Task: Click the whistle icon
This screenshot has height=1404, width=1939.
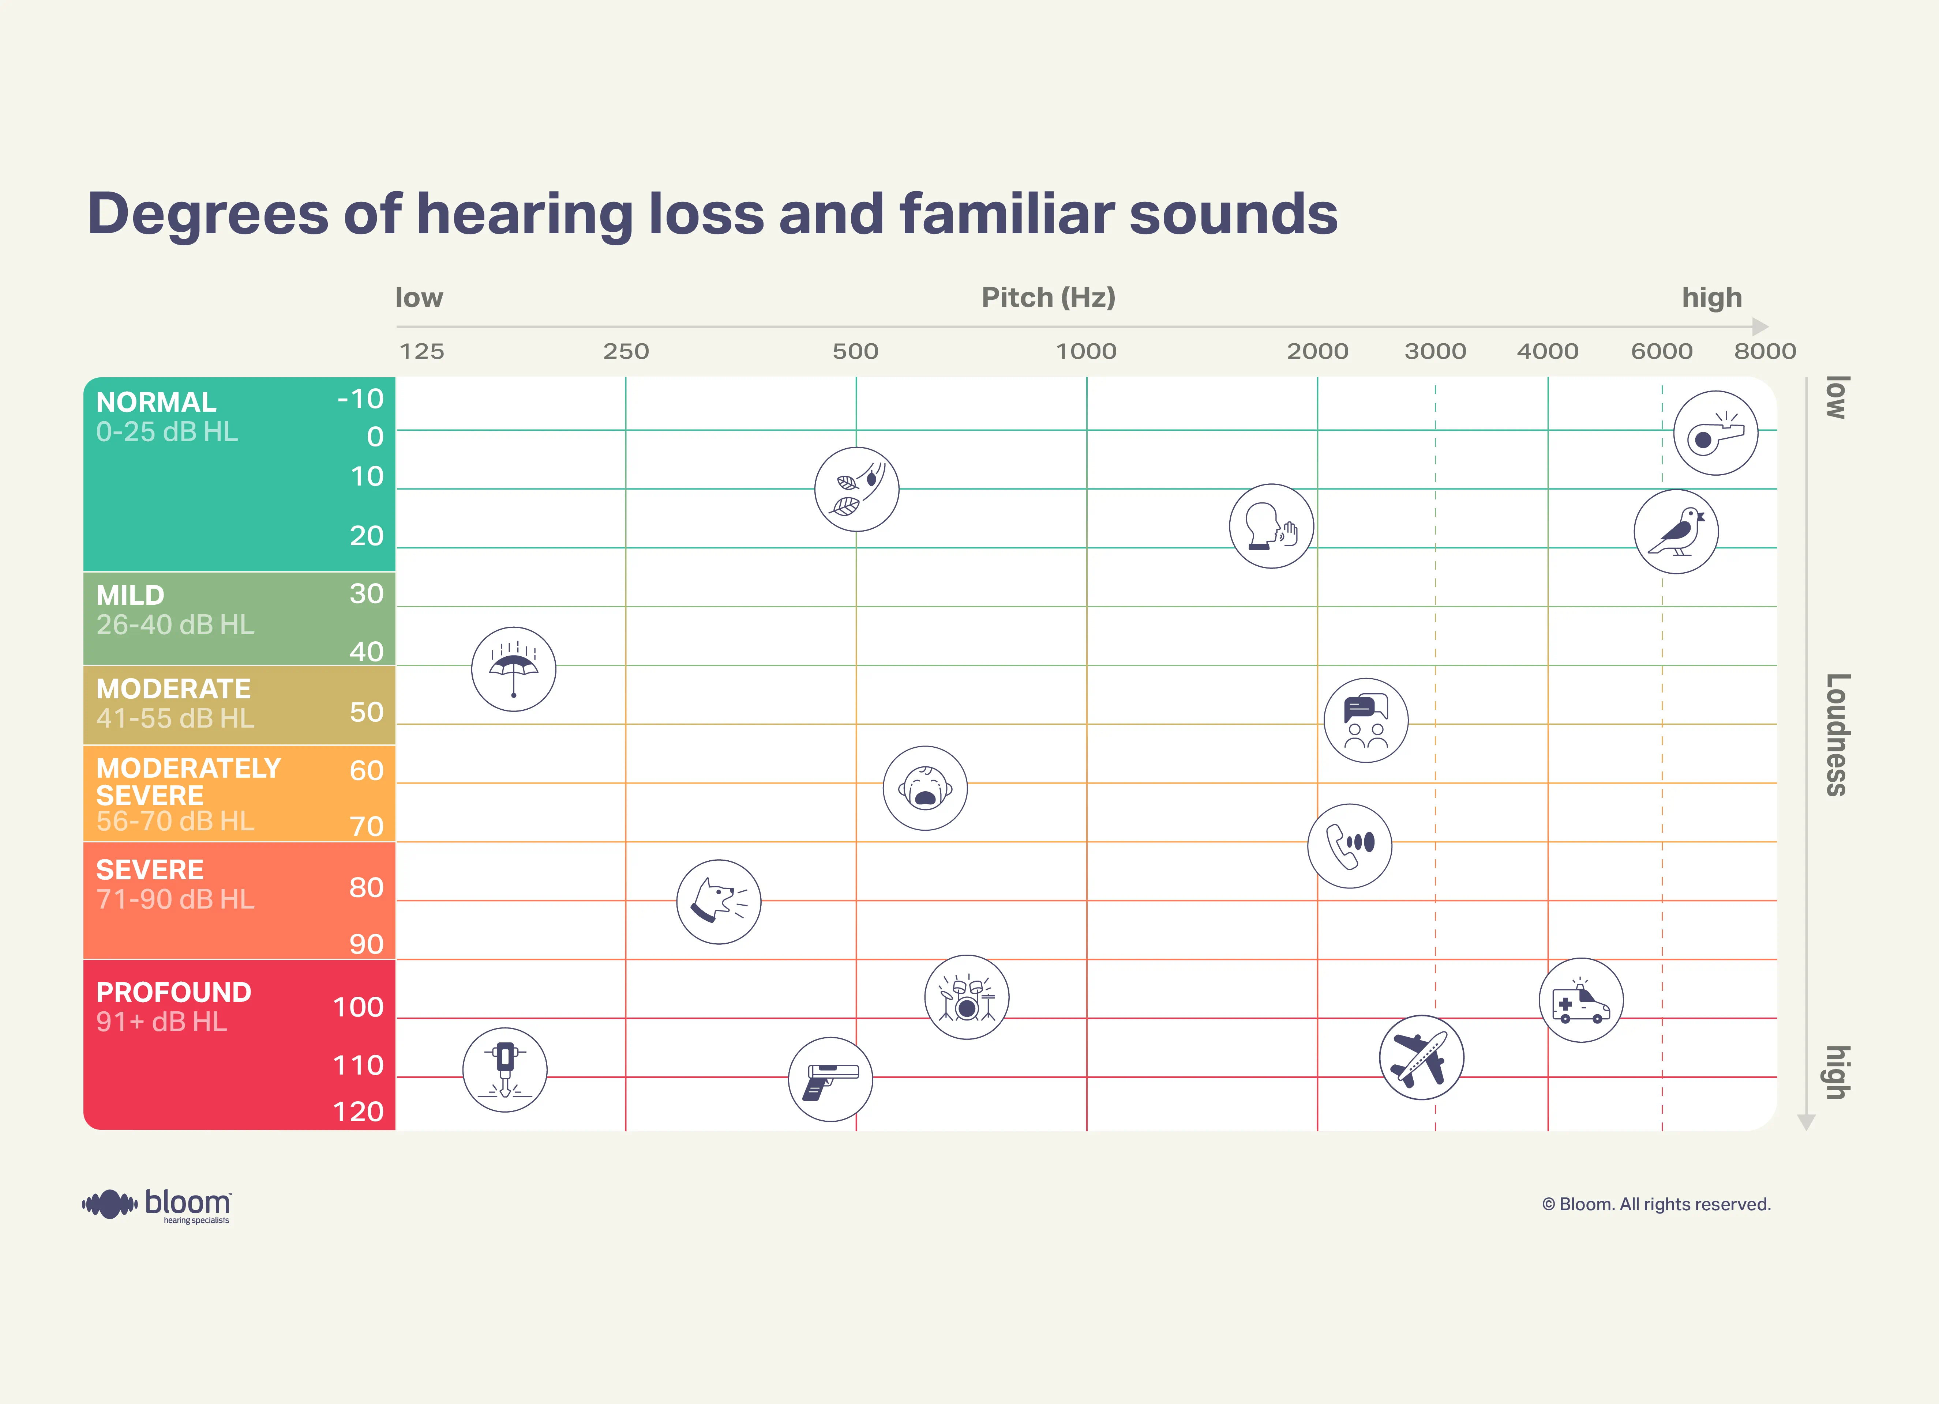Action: pyautogui.click(x=1715, y=433)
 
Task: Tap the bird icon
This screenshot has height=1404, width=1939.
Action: pyautogui.click(x=1676, y=532)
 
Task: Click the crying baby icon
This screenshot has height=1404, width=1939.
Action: pyautogui.click(x=925, y=788)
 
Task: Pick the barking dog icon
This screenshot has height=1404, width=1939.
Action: pyautogui.click(x=718, y=902)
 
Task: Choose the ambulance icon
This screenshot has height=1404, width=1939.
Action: pyautogui.click(x=1581, y=1000)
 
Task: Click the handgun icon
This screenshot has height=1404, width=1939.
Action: pyautogui.click(x=830, y=1079)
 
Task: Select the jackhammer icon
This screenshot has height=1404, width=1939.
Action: pyautogui.click(x=505, y=1070)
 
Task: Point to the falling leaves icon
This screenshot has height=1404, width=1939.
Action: pyautogui.click(x=856, y=489)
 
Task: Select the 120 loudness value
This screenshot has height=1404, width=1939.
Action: pyautogui.click(x=358, y=1112)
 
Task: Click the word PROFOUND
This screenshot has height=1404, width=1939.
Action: pyautogui.click(x=173, y=992)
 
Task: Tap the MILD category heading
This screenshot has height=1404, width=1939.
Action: pyautogui.click(x=130, y=595)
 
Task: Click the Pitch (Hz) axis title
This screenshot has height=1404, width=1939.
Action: pyautogui.click(x=1048, y=297)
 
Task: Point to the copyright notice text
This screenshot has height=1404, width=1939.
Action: pyautogui.click(x=1656, y=1204)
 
